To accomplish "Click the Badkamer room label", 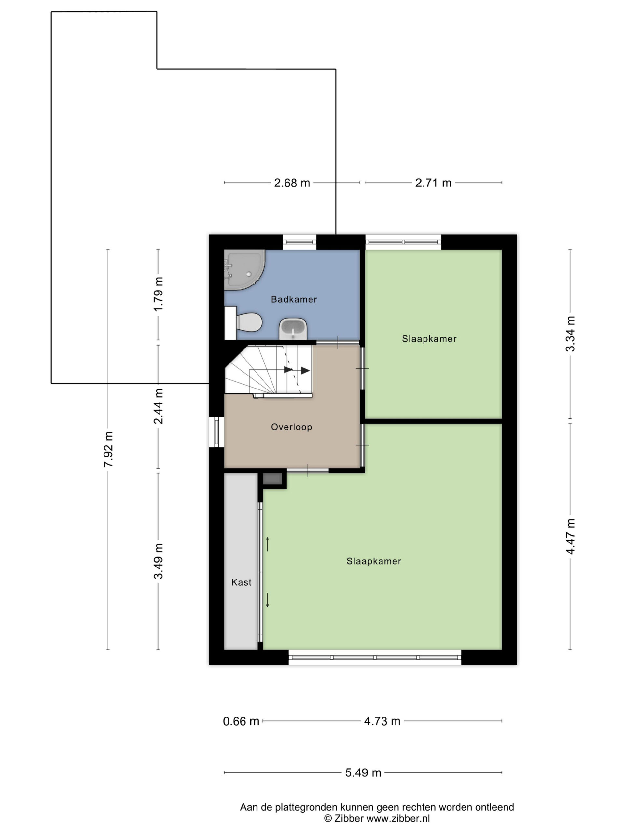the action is (294, 299).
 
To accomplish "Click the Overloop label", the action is (292, 427).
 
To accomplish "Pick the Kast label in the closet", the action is (241, 582).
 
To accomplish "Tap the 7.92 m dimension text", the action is (108, 450).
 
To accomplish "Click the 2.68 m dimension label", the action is (292, 183).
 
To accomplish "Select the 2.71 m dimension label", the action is (433, 183).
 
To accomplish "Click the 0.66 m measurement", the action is (241, 721).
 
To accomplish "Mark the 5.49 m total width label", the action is (363, 773).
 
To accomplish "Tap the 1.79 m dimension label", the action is (158, 294).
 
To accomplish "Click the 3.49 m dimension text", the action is (158, 561).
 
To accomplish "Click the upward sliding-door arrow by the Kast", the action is (268, 544).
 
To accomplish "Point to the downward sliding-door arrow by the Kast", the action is (268, 600).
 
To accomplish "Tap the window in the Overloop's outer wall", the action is (216, 431).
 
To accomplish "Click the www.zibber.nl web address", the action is (398, 818).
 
